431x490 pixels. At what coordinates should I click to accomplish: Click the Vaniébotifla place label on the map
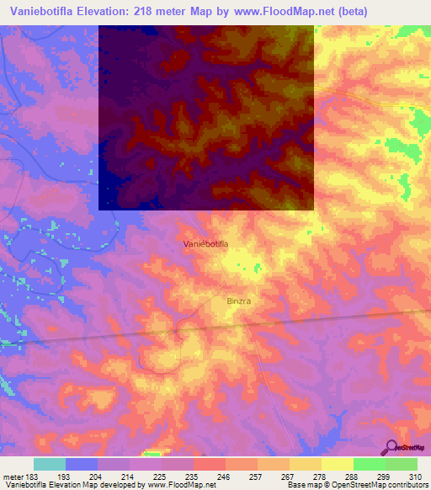(206, 243)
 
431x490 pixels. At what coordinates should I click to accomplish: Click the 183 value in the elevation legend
(30, 476)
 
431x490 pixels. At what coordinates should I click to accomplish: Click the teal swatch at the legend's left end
(50, 464)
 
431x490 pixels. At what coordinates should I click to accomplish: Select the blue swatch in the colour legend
(82, 464)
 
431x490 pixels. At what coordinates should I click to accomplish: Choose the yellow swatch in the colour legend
(337, 464)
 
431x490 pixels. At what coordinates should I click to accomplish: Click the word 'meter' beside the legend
(12, 476)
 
